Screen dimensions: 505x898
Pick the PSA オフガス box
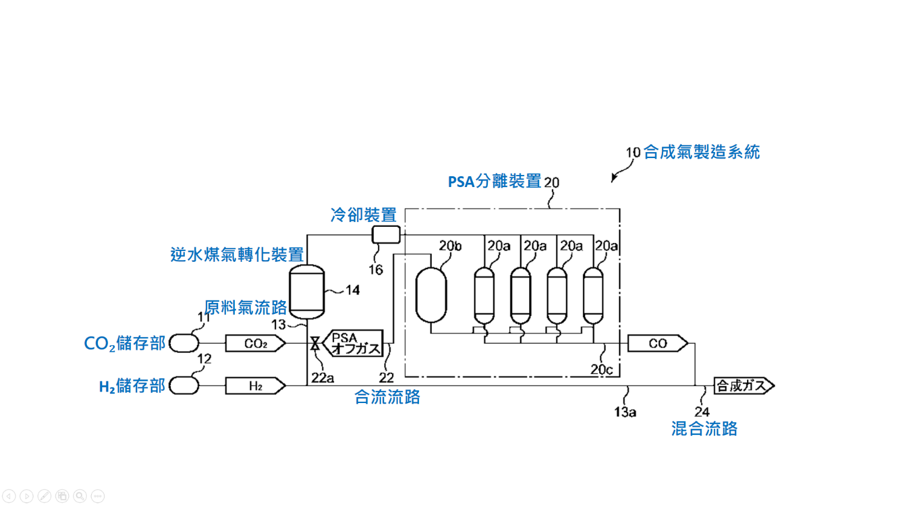point(354,343)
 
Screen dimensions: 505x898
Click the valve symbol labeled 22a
point(315,344)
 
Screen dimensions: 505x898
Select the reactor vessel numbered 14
point(307,291)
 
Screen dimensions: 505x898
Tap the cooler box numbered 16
point(386,234)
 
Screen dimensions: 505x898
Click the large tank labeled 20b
point(431,294)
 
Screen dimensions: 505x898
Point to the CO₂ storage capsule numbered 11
point(184,343)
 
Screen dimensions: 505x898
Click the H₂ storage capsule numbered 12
point(184,386)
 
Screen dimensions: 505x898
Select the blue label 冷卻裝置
point(363,215)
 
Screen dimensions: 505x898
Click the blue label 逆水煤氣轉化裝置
point(237,255)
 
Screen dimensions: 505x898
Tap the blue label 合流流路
point(386,397)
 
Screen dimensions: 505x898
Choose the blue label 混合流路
point(704,429)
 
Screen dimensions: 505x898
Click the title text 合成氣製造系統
point(701,152)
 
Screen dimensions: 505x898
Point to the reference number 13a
point(625,412)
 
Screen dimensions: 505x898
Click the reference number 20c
point(601,369)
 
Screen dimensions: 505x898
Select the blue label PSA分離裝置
point(495,182)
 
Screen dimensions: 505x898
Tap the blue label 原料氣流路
point(246,308)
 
